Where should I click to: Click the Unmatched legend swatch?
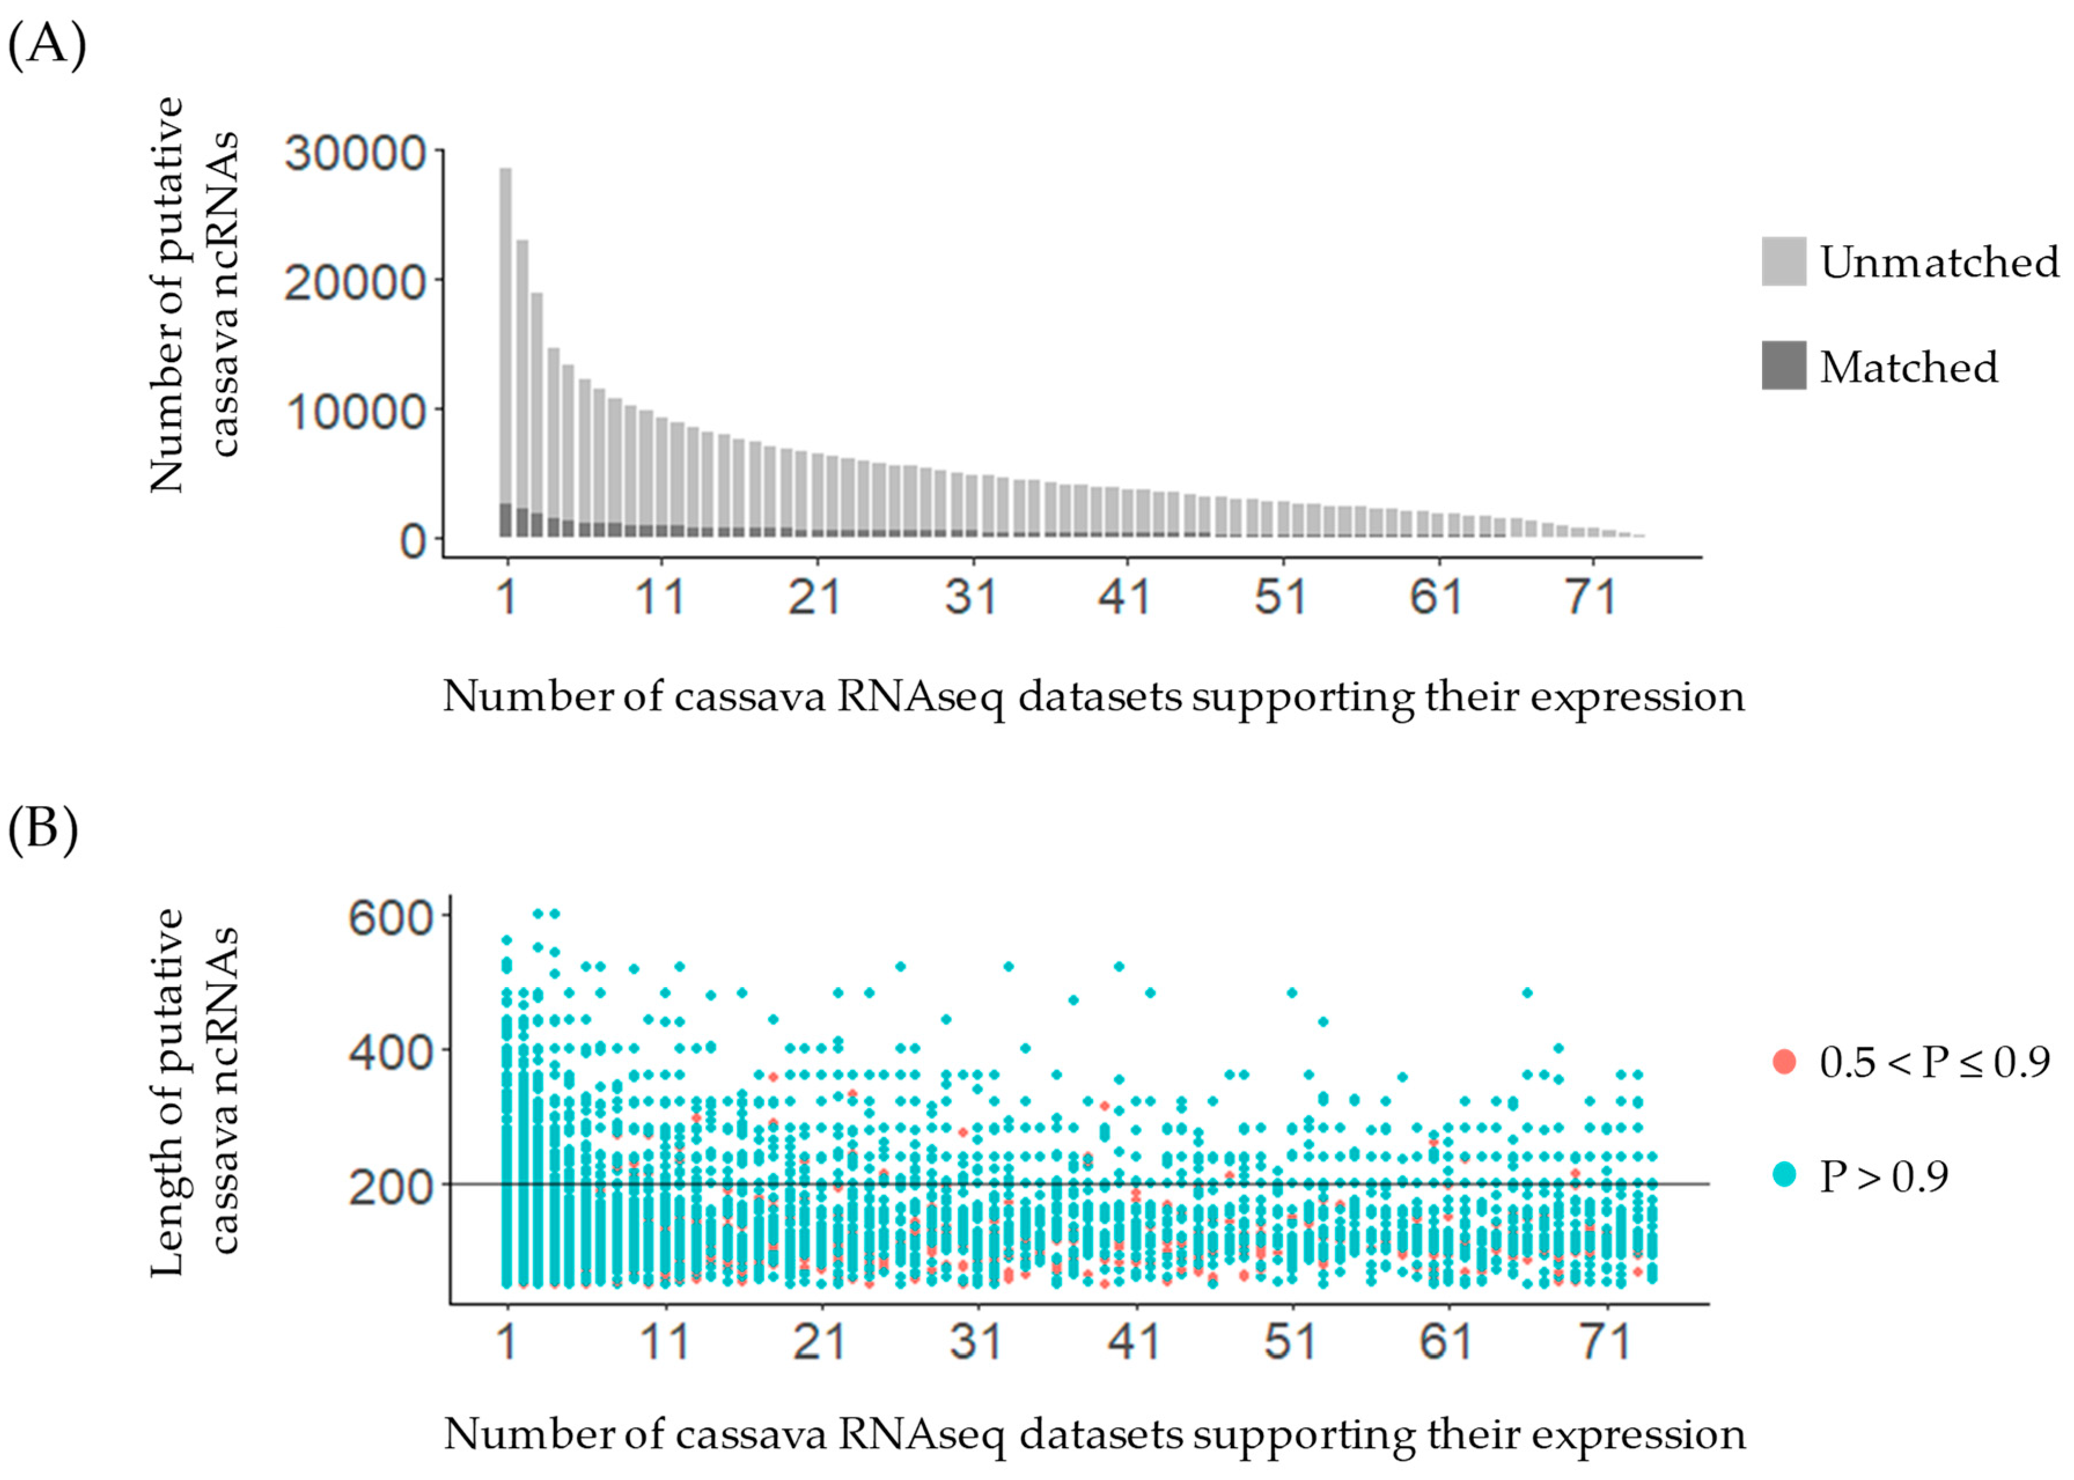point(1783,261)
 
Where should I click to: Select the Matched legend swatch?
point(1783,366)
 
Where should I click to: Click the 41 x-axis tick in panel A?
point(1124,597)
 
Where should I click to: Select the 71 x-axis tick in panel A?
point(1591,597)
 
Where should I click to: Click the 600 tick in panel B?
point(390,916)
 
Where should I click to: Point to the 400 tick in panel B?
point(390,1053)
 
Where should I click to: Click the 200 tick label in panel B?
point(390,1187)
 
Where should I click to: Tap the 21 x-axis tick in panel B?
point(819,1341)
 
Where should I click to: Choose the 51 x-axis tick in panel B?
point(1290,1341)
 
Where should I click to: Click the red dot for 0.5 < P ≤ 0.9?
point(1784,1062)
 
